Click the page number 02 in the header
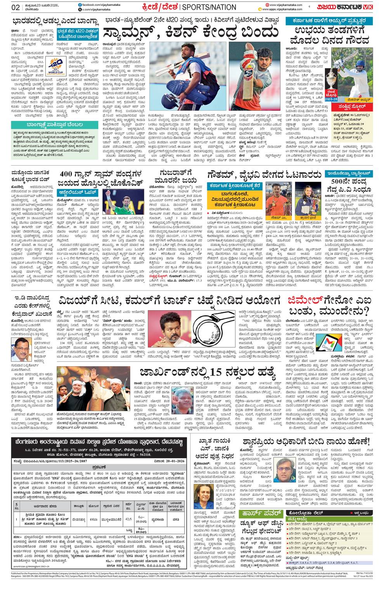coord(16,7)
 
